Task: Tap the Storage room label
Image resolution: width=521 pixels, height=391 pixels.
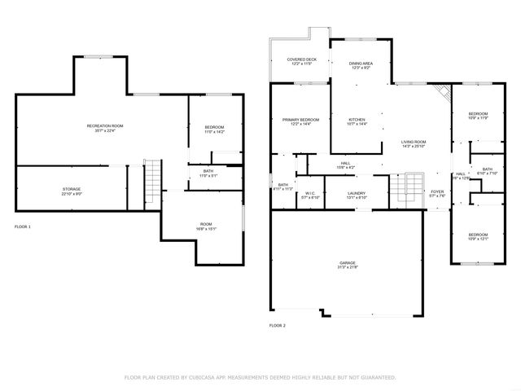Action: point(72,189)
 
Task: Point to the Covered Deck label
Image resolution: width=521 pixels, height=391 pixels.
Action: point(300,59)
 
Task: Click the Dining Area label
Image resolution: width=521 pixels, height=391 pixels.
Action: point(361,64)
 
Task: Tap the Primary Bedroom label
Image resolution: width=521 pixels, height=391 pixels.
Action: point(300,120)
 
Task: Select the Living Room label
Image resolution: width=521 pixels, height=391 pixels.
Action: point(414,143)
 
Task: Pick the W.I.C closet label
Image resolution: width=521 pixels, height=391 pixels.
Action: point(310,194)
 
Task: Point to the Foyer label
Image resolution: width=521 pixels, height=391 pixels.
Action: point(438,192)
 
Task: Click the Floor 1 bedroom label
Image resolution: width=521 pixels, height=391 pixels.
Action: point(214,127)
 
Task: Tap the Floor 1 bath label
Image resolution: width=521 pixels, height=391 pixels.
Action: point(208,171)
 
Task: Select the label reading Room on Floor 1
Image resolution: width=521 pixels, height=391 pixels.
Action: point(206,225)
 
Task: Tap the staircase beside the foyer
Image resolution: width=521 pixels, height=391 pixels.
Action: point(415,189)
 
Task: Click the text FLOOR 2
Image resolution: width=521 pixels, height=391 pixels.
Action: point(278,325)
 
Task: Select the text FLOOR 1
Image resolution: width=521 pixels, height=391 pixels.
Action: point(23,226)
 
